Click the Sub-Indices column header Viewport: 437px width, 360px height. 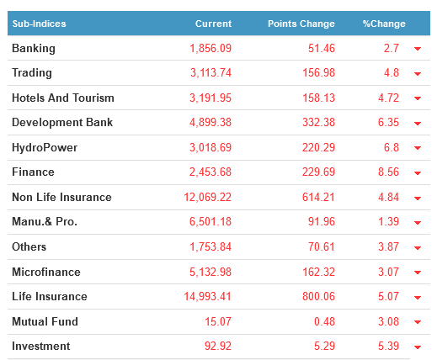[x=40, y=24]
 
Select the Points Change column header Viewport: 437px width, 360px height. [x=301, y=24]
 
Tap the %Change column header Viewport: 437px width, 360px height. [x=384, y=24]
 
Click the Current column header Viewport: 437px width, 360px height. [x=213, y=24]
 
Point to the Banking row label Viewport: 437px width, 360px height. [x=34, y=49]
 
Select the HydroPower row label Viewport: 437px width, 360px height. [x=45, y=148]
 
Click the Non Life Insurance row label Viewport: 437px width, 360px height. [x=61, y=197]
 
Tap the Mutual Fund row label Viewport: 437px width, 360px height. [x=45, y=321]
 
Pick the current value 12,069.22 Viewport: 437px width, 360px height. [x=207, y=197]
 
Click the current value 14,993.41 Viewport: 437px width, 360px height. [x=207, y=296]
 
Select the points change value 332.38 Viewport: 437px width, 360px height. [x=318, y=122]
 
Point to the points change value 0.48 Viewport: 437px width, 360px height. [x=324, y=321]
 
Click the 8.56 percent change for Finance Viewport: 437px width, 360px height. [x=388, y=172]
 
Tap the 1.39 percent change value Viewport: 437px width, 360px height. [x=388, y=221]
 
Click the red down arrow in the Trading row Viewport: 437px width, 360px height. [x=418, y=74]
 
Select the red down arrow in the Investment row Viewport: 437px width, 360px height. [x=418, y=347]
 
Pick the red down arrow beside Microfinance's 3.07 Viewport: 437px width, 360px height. [x=418, y=273]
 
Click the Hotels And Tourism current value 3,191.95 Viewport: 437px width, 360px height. [x=211, y=98]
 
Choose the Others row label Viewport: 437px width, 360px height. [x=29, y=246]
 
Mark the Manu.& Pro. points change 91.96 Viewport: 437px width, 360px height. [x=322, y=221]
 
